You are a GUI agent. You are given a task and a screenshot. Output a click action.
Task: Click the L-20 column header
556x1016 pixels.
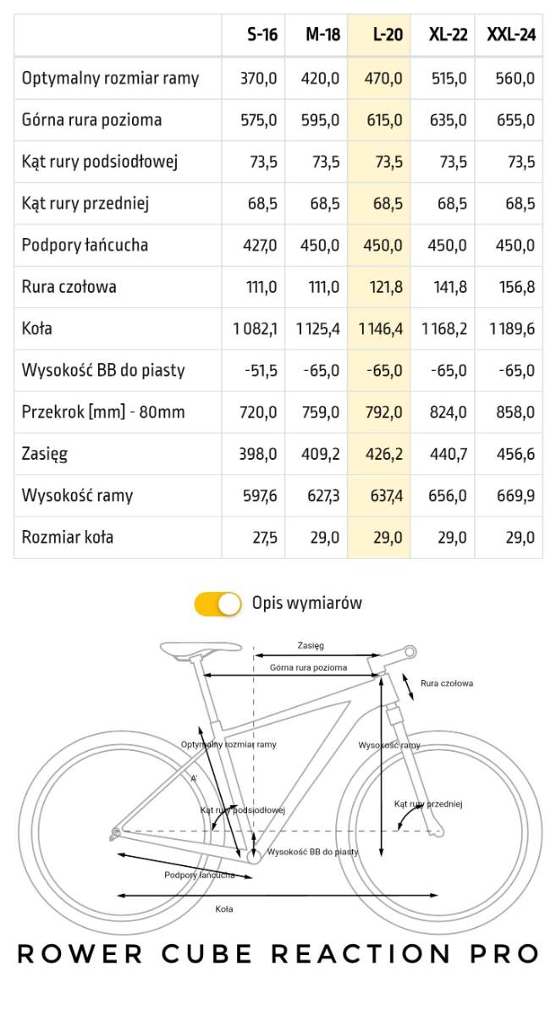388,35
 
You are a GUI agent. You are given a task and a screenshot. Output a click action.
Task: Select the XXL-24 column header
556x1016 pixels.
510,35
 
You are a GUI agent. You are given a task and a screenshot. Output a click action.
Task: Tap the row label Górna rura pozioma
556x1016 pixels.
91,120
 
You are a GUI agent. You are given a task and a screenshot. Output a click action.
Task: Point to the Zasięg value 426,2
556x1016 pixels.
384,454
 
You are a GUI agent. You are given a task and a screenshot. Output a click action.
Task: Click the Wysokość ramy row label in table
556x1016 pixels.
77,495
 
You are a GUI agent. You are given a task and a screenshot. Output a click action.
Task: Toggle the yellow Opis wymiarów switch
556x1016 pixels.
218,604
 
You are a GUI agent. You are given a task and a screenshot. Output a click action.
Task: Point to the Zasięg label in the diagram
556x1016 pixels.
311,645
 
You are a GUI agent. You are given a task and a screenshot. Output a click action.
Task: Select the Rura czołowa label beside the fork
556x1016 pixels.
446,683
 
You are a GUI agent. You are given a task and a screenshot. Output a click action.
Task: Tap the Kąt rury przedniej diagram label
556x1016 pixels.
428,804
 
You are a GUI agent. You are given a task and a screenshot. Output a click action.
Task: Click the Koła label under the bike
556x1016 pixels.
224,908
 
